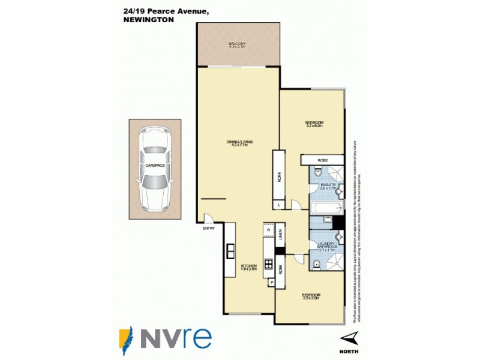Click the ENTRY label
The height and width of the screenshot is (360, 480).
coord(208,228)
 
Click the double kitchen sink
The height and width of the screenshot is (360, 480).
coord(230,252)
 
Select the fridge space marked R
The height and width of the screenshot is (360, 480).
coord(268,230)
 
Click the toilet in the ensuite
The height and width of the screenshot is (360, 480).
coord(338,192)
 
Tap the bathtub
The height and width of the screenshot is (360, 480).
coord(326,209)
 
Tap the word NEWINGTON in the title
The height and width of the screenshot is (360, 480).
coord(148,19)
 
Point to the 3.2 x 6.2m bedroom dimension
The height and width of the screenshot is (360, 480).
coord(314,126)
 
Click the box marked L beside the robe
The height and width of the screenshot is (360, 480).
coord(280,205)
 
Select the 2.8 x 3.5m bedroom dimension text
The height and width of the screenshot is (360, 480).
coord(311,298)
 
